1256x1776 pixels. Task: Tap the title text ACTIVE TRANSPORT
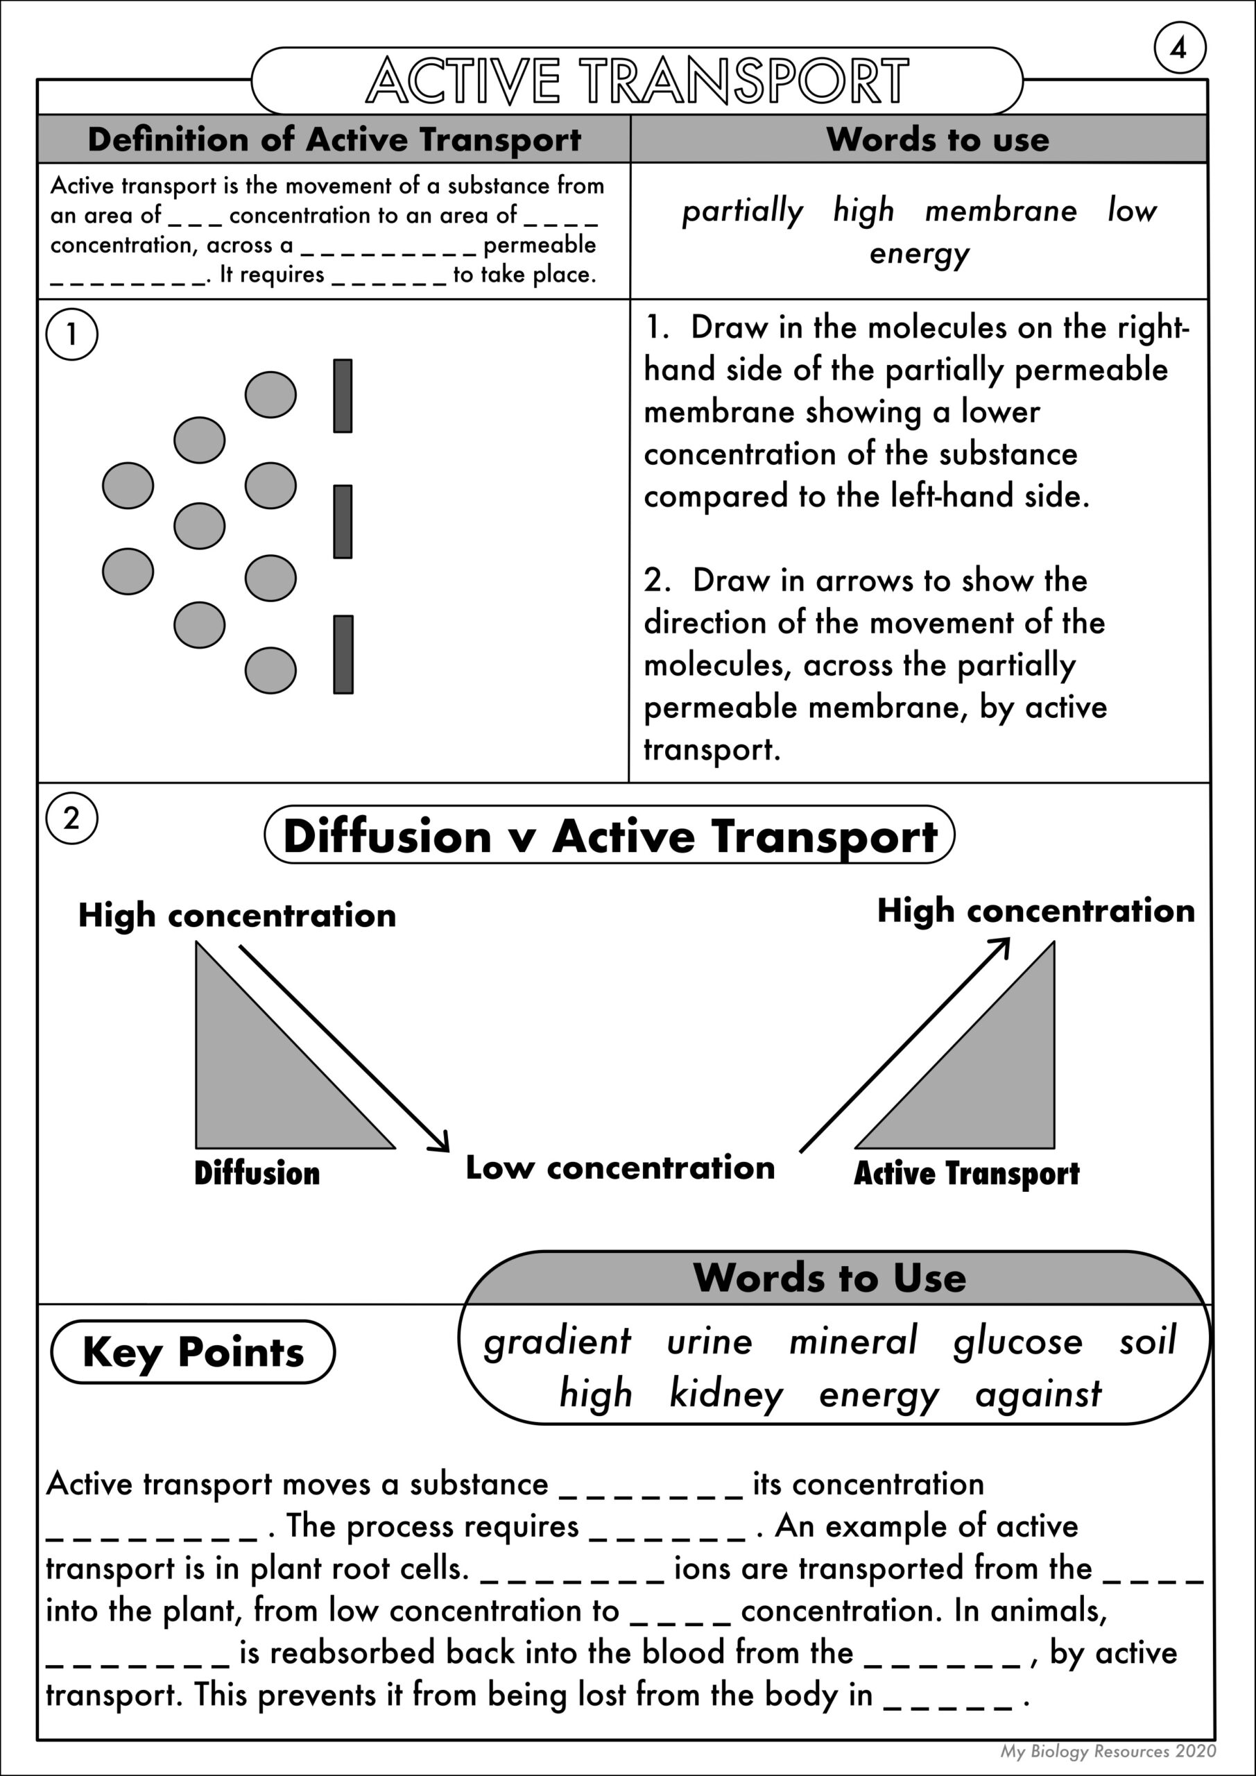pyautogui.click(x=637, y=80)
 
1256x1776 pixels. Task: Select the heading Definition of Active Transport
pyautogui.click(x=334, y=139)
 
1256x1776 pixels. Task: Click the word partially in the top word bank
pyautogui.click(x=743, y=211)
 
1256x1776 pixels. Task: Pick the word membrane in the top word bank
pyautogui.click(x=1001, y=210)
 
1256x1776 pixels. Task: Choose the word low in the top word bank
pyautogui.click(x=1131, y=210)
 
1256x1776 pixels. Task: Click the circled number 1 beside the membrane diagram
pyautogui.click(x=72, y=335)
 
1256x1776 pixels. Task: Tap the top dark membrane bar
pyautogui.click(x=343, y=395)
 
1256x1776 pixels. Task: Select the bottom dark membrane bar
pyautogui.click(x=343, y=654)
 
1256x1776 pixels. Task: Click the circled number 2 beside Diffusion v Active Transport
pyautogui.click(x=71, y=819)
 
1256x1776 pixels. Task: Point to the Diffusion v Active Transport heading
pyautogui.click(x=610, y=836)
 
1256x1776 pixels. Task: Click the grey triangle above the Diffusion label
pyautogui.click(x=255, y=1083)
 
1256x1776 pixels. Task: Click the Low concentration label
pyautogui.click(x=619, y=1168)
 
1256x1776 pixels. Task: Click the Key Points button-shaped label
pyautogui.click(x=193, y=1352)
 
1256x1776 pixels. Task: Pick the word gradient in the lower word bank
pyautogui.click(x=557, y=1341)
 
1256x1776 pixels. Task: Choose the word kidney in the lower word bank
pyautogui.click(x=726, y=1394)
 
